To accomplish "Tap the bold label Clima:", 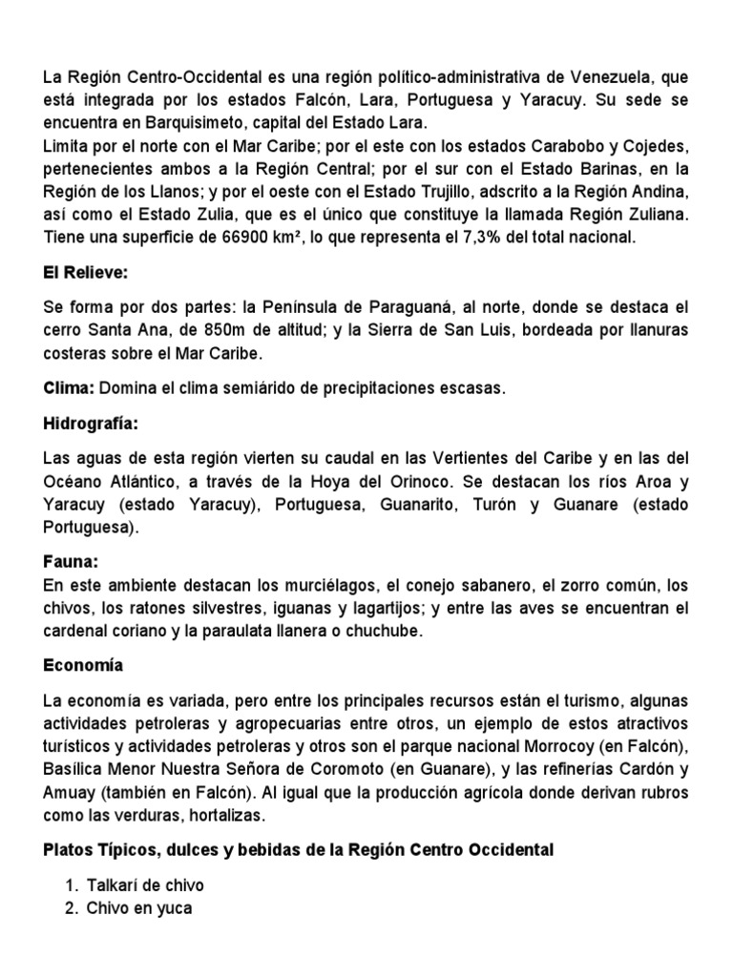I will [69, 388].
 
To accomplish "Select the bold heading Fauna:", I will [73, 563].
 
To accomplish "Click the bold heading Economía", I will [83, 665].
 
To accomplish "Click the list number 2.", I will [71, 907].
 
